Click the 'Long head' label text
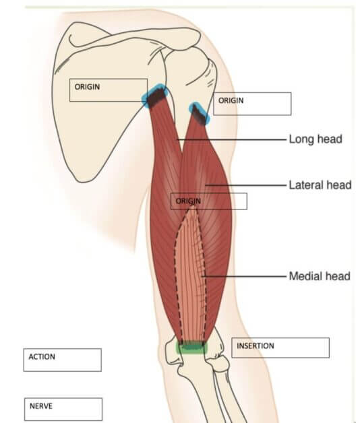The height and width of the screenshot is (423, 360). tap(316, 139)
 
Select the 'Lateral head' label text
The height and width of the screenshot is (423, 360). tap(320, 185)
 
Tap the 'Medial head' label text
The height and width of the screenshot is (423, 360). tap(320, 276)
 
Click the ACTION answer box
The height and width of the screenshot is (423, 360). tap(63, 360)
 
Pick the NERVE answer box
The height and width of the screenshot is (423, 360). tap(63, 410)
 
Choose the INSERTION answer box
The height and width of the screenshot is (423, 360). tap(280, 348)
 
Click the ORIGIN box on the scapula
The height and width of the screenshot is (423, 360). tap(109, 90)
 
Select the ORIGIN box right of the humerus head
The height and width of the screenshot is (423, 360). tap(252, 104)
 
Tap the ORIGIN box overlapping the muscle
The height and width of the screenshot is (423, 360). tap(209, 201)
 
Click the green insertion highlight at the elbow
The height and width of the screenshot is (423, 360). tap(191, 348)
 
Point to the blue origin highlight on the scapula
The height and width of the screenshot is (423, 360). tap(155, 96)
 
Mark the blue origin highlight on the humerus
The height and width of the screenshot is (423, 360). tap(200, 113)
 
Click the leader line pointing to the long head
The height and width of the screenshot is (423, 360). tap(231, 139)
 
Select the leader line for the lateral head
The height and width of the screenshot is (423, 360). tap(245, 185)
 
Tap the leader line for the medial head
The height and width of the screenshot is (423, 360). tap(244, 276)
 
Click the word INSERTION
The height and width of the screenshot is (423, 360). tap(256, 346)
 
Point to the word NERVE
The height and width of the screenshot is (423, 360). tap(41, 406)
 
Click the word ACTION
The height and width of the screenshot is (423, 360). tap(42, 356)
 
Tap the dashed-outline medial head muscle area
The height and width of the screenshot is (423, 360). tap(191, 278)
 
